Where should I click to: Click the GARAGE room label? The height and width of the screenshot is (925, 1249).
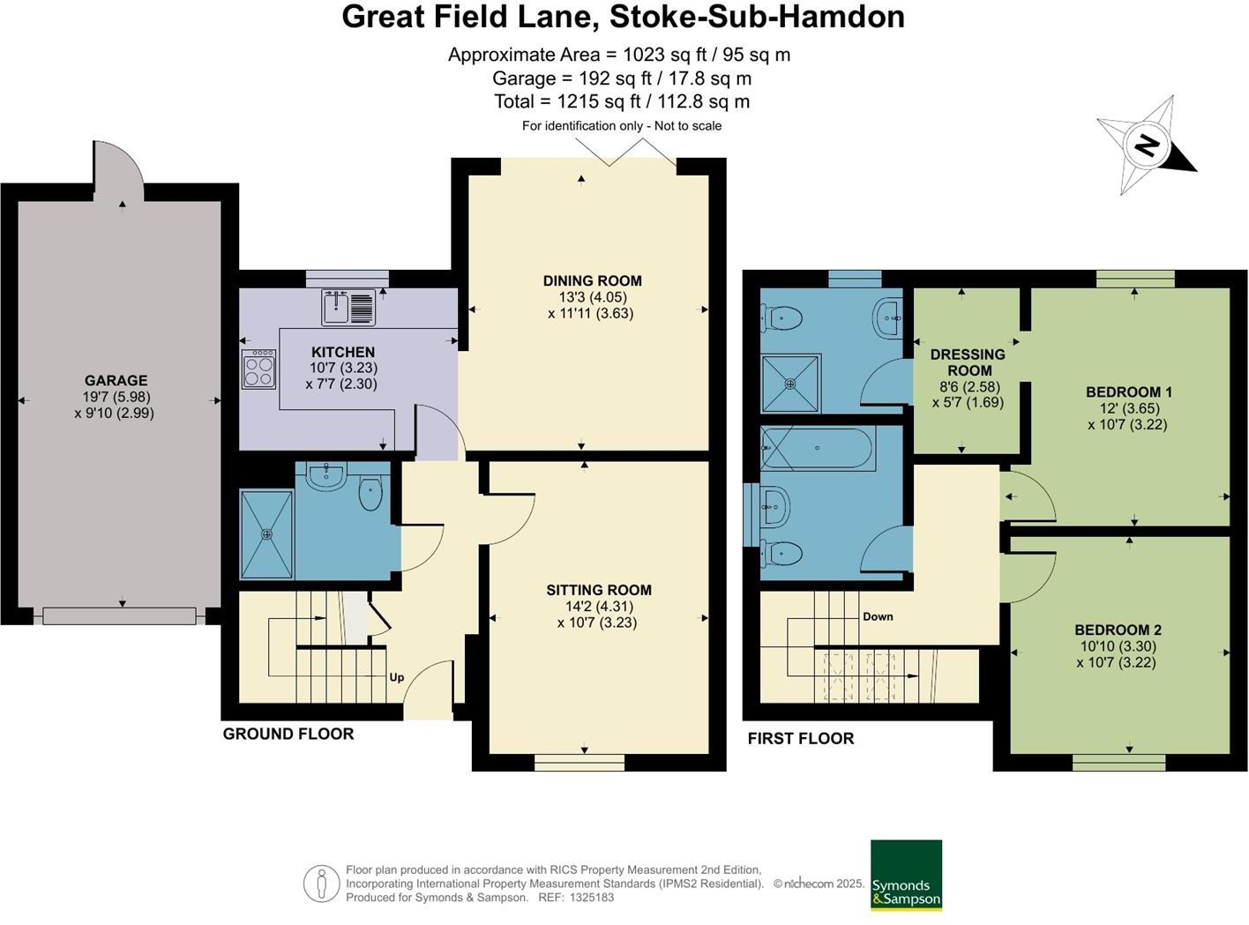point(116,381)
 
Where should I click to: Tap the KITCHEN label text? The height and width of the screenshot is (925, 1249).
point(342,352)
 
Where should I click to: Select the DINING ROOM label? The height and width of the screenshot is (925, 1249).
point(592,281)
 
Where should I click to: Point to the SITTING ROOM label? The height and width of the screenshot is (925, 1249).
point(598,590)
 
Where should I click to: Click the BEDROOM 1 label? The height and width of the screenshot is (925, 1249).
point(1128,392)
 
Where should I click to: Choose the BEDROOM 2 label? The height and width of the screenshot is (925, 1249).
point(1118,630)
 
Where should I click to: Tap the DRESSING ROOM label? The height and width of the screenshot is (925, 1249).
point(968,362)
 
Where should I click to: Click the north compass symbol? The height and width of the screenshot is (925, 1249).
point(1146,145)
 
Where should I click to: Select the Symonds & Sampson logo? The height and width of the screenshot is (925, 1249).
point(906,875)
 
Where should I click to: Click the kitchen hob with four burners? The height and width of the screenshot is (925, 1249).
point(259,369)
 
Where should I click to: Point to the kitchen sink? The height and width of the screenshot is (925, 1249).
point(349,308)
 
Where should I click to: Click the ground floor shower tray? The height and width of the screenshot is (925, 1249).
point(266,534)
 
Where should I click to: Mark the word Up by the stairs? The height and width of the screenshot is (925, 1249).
point(397,677)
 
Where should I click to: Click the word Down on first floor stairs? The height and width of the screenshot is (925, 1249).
point(878,616)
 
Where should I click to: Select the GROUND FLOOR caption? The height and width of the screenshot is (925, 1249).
point(288,734)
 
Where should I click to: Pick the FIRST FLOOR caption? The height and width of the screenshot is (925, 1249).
point(800,738)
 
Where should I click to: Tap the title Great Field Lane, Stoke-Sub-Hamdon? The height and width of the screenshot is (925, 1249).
point(623,17)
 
